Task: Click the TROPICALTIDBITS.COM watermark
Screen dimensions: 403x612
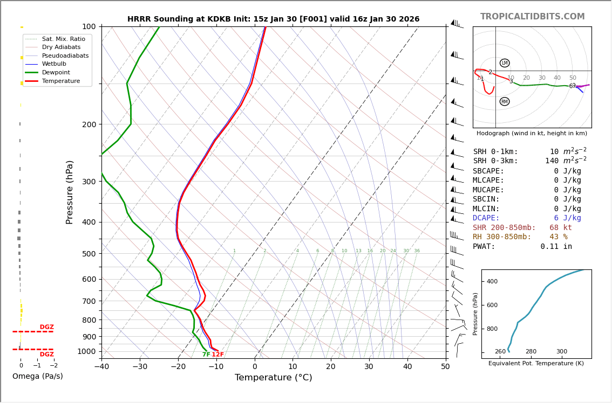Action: [x=532, y=17]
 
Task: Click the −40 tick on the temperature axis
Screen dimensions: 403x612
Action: [x=101, y=367]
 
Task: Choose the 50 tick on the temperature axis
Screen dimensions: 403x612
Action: [x=445, y=367]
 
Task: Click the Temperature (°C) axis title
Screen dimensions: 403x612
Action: [x=273, y=378]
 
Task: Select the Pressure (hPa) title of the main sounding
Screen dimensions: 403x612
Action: [x=70, y=192]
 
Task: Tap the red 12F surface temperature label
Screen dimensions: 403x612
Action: [x=217, y=355]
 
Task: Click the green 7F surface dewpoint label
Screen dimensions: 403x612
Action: [x=206, y=355]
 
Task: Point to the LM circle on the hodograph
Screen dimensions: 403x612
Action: [x=505, y=63]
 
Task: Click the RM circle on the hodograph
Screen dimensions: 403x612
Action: [x=505, y=101]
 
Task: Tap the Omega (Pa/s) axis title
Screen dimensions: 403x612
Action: [x=38, y=377]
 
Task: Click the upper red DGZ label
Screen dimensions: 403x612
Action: [x=47, y=327]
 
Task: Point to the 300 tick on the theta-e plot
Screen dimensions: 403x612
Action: [x=562, y=351]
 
